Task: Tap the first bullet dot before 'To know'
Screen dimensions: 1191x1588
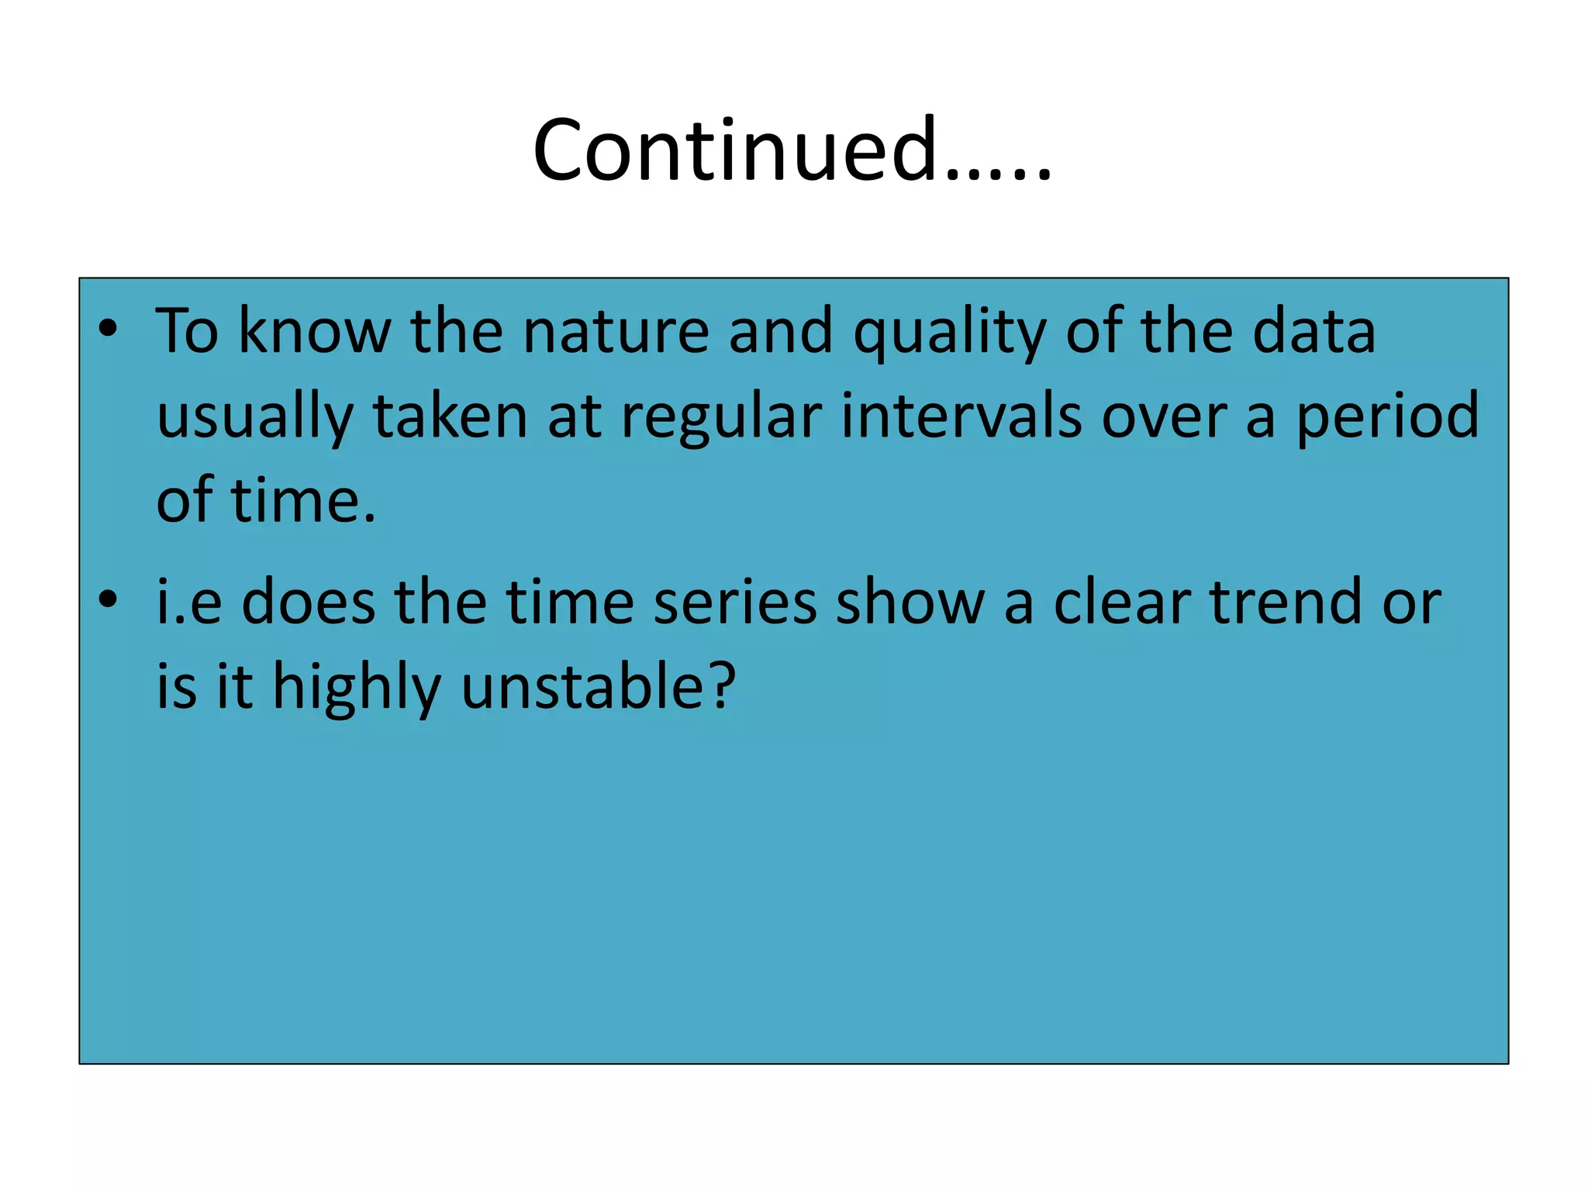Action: [108, 329]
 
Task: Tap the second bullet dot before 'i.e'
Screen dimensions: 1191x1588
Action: [108, 599]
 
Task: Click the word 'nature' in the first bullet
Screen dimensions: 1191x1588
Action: [616, 332]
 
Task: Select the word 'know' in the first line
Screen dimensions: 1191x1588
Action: [314, 332]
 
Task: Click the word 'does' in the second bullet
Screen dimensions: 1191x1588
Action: [308, 602]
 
